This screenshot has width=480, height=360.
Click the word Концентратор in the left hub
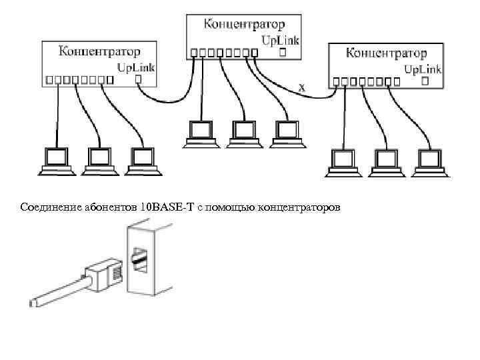(100, 51)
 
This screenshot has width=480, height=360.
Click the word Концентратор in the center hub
(244, 25)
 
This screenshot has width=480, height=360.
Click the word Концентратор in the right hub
(387, 52)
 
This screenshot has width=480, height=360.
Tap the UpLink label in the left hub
(136, 67)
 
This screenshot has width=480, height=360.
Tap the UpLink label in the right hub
(423, 69)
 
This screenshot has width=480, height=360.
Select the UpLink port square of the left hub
(138, 79)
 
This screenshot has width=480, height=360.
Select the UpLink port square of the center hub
(283, 52)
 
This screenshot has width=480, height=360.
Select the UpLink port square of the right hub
(425, 81)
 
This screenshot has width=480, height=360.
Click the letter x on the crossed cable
(302, 87)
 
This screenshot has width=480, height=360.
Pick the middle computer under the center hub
(243, 133)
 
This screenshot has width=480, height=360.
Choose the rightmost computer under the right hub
(429, 162)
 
